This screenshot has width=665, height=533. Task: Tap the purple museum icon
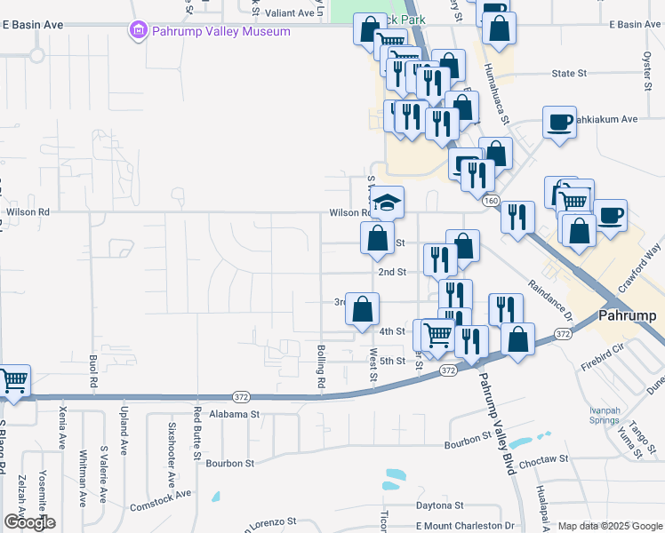(138, 32)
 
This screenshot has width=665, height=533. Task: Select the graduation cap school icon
(387, 203)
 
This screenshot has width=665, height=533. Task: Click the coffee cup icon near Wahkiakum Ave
(560, 123)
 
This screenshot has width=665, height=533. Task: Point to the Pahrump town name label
(626, 314)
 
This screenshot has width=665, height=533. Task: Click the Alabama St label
(234, 414)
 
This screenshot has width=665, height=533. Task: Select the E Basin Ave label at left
(32, 26)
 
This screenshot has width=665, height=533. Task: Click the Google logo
(30, 522)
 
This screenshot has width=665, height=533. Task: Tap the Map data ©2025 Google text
(608, 526)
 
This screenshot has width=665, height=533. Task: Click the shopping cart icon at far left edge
(12, 381)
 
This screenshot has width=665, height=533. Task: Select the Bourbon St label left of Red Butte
(230, 463)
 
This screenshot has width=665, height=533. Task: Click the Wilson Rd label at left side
(28, 212)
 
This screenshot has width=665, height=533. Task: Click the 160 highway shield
(491, 202)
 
